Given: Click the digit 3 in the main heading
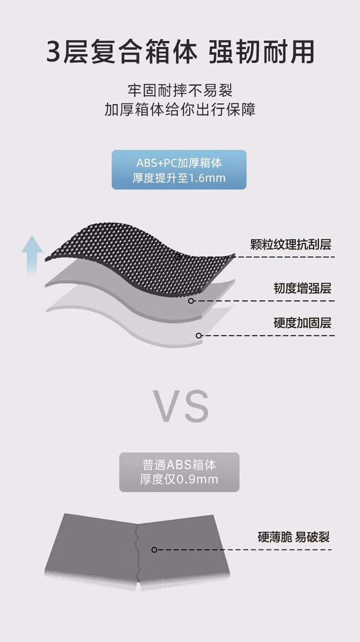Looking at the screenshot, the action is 54,52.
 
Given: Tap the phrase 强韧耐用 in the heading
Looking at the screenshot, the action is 261,52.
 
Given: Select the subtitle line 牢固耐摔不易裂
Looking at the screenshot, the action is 180,90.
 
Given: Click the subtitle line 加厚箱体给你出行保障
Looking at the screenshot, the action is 180,109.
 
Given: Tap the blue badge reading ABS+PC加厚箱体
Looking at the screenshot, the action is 179,169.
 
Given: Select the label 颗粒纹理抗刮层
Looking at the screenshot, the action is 290,244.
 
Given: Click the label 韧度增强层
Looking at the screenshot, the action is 302,288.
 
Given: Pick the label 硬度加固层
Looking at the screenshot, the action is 302,323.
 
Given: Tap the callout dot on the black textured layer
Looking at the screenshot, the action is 178,257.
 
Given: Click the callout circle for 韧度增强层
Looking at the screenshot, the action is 191,301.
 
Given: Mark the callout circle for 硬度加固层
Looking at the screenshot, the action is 199,335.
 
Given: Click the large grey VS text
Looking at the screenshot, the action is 180,406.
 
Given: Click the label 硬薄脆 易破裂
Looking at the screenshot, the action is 293,537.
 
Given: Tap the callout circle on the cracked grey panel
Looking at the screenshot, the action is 154,550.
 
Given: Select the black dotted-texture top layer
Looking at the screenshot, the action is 138,258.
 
